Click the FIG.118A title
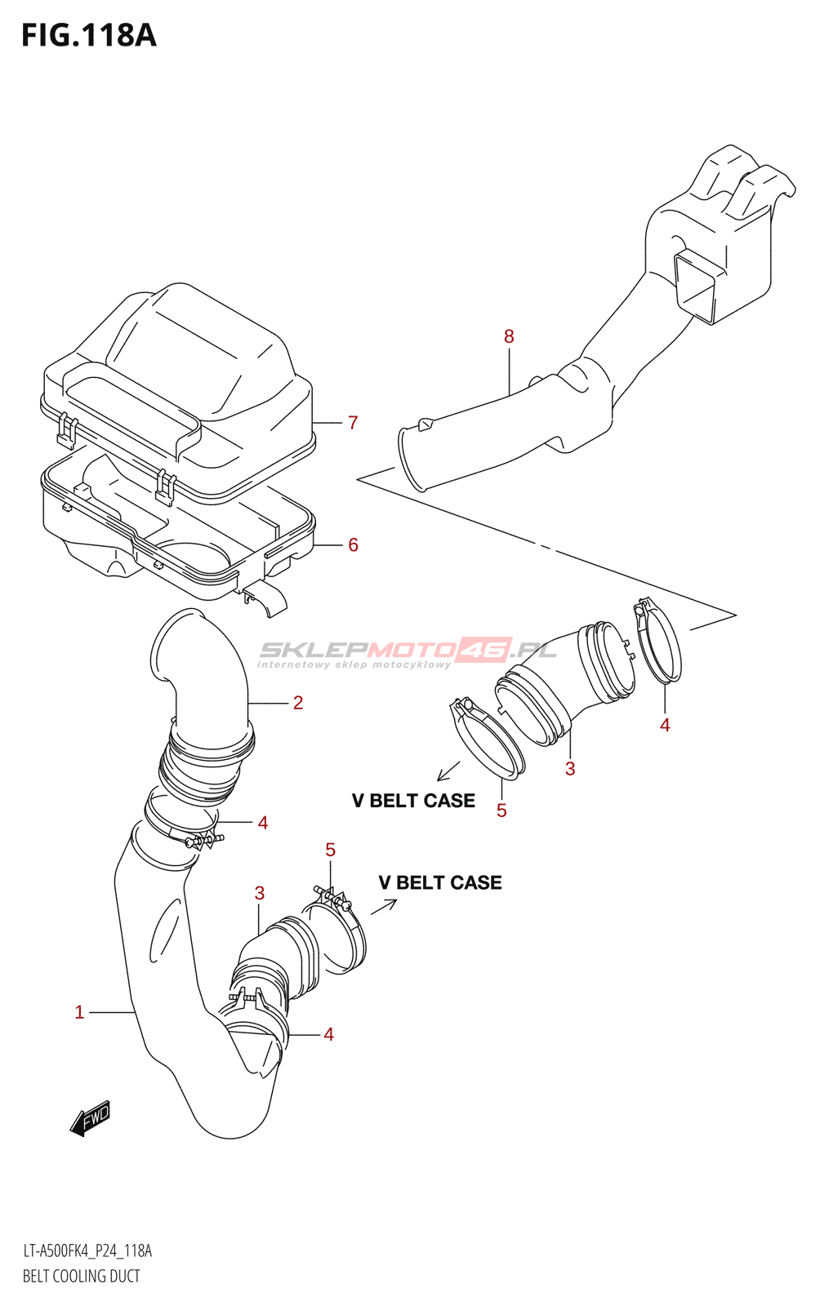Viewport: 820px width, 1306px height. (88, 35)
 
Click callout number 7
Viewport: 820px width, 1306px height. (353, 423)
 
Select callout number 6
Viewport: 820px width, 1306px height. (353, 545)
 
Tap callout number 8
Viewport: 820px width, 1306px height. (509, 336)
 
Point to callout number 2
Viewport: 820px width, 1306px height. (298, 703)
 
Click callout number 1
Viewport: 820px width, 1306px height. (79, 1013)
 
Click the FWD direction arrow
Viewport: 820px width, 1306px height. (90, 1118)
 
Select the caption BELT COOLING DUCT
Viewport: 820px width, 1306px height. (82, 1276)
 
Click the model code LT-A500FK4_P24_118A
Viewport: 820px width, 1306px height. (87, 1251)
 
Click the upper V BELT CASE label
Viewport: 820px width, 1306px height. (413, 801)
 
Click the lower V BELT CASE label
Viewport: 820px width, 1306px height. (440, 882)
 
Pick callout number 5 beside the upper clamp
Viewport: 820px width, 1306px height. (501, 811)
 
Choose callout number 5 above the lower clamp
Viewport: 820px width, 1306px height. (330, 851)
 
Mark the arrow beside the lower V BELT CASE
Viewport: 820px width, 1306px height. (384, 906)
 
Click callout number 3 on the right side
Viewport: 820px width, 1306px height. (570, 769)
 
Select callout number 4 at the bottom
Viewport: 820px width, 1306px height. (328, 1035)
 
